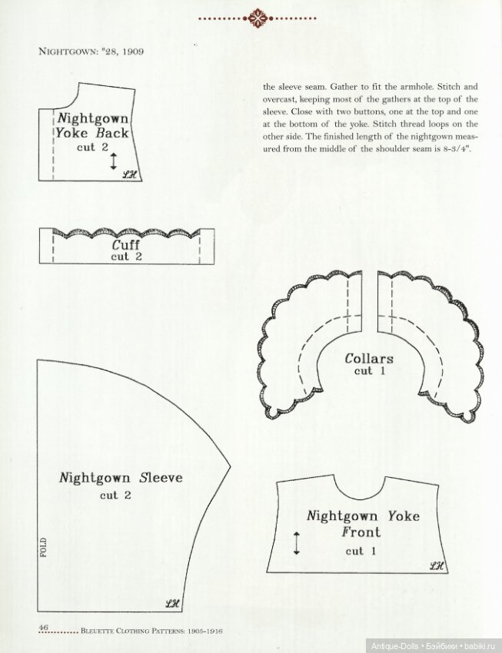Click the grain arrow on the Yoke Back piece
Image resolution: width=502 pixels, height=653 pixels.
click(x=114, y=161)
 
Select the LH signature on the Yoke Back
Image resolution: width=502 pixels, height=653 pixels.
click(x=128, y=174)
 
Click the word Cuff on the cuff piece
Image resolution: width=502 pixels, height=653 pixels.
click(x=126, y=245)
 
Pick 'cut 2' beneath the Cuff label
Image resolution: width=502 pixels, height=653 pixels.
click(x=126, y=257)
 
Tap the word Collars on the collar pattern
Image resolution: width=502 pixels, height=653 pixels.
click(x=369, y=359)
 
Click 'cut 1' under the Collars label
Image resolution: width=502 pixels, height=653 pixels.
click(x=364, y=371)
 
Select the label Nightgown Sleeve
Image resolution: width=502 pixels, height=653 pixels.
click(x=121, y=478)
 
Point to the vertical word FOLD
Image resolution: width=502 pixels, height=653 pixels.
click(x=44, y=548)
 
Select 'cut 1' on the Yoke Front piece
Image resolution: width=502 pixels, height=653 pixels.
click(x=354, y=551)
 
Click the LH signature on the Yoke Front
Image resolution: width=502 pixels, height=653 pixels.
click(x=437, y=566)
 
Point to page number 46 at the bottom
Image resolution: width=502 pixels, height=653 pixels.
click(x=45, y=628)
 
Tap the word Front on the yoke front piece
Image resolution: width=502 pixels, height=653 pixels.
click(x=361, y=532)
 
